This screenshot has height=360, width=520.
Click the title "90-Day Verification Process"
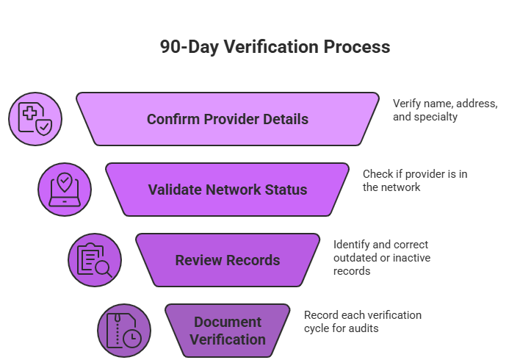275,48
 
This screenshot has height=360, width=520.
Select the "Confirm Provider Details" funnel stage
227,119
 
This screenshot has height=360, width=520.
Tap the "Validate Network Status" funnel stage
227,190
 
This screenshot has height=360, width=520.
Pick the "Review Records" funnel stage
227,260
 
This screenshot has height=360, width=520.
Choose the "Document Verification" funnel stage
227,331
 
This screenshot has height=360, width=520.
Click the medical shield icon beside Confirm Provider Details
35,119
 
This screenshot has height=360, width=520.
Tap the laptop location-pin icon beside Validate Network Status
65,190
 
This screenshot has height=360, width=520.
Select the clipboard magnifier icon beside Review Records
95,260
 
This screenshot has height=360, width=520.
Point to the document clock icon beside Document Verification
124,331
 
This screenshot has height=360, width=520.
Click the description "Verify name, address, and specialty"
444,110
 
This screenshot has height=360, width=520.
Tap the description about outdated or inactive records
381,257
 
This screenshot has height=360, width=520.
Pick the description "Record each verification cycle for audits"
362,322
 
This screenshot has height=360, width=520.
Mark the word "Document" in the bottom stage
227,322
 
